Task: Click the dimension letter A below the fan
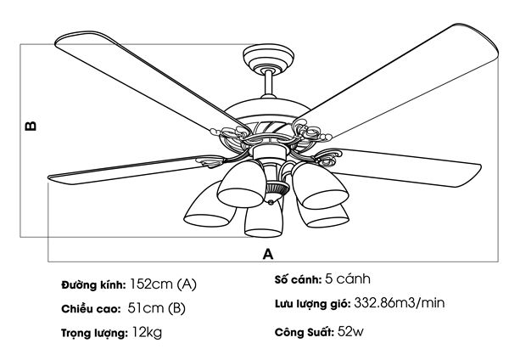pos(268,253)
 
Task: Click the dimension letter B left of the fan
pos(31,126)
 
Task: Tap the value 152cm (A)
pos(164,284)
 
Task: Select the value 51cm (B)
pos(156,307)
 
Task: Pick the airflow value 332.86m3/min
pos(399,303)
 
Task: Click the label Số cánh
pos(296,279)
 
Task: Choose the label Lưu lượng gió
pos(311,304)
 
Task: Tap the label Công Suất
pos(304,330)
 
